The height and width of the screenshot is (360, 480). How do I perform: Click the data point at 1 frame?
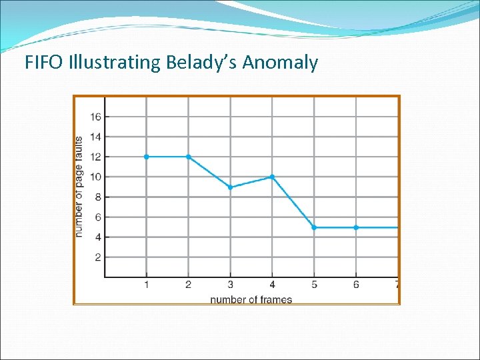click(x=146, y=157)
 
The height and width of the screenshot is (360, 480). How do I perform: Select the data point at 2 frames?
click(x=188, y=157)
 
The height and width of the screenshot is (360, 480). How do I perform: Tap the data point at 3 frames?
click(x=230, y=187)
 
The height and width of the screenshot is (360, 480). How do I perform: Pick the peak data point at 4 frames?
click(x=272, y=177)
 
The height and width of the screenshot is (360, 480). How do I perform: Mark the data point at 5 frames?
click(x=314, y=227)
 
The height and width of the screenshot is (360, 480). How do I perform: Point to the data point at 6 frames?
click(x=356, y=227)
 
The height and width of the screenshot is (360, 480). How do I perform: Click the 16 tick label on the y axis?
click(x=95, y=117)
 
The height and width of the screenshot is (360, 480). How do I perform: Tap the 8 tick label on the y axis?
click(x=97, y=197)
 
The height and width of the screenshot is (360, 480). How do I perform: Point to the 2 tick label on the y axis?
click(x=97, y=257)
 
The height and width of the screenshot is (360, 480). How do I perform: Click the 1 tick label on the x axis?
click(x=146, y=285)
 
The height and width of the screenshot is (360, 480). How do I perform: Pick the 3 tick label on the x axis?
click(x=230, y=285)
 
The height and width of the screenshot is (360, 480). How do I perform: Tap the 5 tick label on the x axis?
click(x=314, y=285)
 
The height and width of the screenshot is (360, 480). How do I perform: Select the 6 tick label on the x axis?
click(x=356, y=285)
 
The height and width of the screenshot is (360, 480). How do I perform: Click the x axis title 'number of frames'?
click(x=251, y=299)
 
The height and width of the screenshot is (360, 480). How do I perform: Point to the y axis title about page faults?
click(x=79, y=187)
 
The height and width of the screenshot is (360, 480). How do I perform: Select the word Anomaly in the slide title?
click(x=280, y=64)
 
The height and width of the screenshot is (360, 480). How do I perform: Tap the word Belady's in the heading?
click(x=204, y=63)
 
